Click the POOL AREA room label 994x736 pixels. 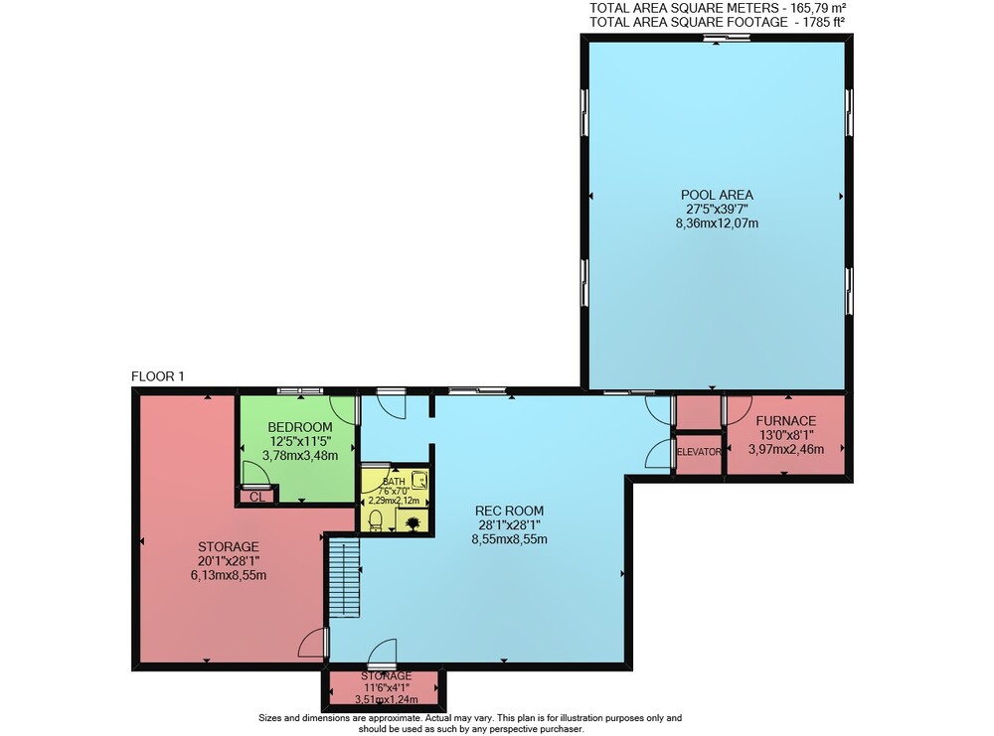coord(717,195)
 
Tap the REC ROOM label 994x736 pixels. coord(510,511)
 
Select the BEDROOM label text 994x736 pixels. coord(300,427)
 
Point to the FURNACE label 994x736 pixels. coord(786,420)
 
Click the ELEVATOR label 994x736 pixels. coord(699,452)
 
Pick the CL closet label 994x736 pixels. coord(256,498)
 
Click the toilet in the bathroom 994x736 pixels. coord(376,520)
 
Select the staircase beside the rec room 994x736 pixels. coord(344,577)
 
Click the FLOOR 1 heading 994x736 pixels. coord(157,376)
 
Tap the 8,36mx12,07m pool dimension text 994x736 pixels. coord(717,222)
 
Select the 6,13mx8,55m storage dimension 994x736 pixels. coord(229,575)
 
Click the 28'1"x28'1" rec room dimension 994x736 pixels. coord(510,524)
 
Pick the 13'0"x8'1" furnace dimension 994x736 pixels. coord(786,435)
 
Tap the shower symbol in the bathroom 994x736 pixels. coord(419,480)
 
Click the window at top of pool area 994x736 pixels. coord(727,38)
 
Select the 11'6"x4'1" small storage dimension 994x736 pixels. coord(387,688)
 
